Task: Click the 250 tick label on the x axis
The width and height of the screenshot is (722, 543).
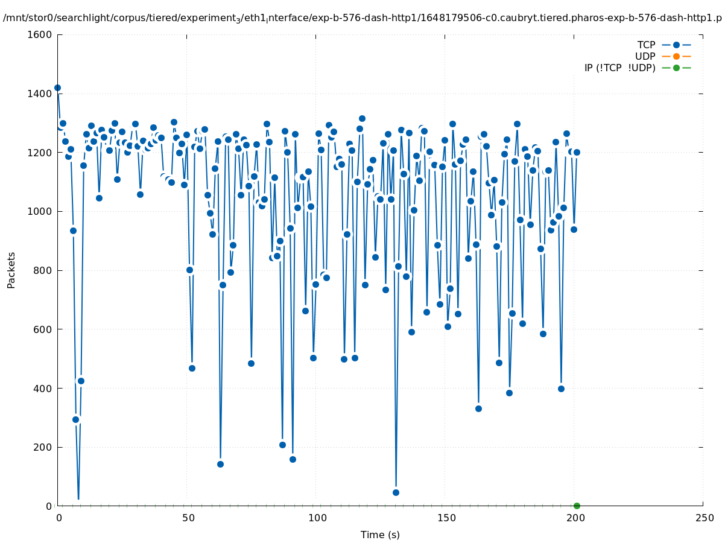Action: [703, 518]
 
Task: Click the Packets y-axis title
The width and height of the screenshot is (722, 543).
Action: [11, 270]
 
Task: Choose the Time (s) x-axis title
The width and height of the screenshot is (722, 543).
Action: [380, 535]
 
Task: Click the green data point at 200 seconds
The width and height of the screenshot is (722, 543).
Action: [577, 506]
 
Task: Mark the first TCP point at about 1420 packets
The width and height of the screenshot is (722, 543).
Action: [57, 87]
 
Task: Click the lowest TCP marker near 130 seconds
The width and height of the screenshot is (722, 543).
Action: [396, 492]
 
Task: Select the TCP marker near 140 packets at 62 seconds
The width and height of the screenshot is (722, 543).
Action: [220, 464]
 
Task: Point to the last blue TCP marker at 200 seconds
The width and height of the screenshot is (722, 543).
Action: [577, 152]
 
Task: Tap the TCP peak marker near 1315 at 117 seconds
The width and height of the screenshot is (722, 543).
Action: [362, 118]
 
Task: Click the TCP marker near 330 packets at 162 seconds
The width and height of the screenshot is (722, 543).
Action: [478, 408]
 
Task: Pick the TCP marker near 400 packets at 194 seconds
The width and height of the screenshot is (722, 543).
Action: [561, 389]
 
